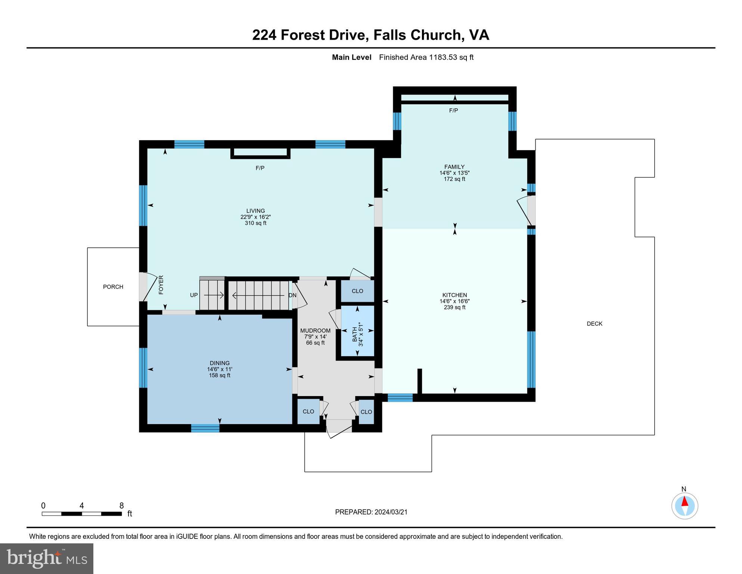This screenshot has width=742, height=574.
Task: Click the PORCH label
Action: click(x=113, y=287)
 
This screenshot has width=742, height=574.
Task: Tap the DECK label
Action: click(x=594, y=324)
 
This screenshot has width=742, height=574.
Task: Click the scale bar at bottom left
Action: click(x=82, y=514)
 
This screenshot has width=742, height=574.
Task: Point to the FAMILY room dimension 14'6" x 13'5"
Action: click(x=454, y=173)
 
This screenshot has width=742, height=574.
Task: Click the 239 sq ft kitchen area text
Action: click(x=454, y=307)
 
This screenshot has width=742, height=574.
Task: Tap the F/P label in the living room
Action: click(x=260, y=168)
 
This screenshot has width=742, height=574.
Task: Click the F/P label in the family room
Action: click(x=453, y=111)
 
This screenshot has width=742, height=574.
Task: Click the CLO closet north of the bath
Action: click(x=357, y=291)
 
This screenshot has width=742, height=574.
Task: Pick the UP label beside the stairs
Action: click(x=194, y=295)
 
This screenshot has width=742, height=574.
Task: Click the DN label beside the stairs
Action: click(x=292, y=295)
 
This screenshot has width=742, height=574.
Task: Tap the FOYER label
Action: click(x=161, y=285)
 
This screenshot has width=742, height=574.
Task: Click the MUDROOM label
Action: click(x=315, y=331)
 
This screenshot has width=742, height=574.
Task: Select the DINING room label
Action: click(x=220, y=363)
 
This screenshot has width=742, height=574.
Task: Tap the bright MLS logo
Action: click(x=47, y=558)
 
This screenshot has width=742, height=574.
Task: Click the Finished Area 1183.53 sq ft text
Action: click(x=426, y=57)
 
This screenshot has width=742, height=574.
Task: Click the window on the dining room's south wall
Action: click(x=205, y=428)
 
